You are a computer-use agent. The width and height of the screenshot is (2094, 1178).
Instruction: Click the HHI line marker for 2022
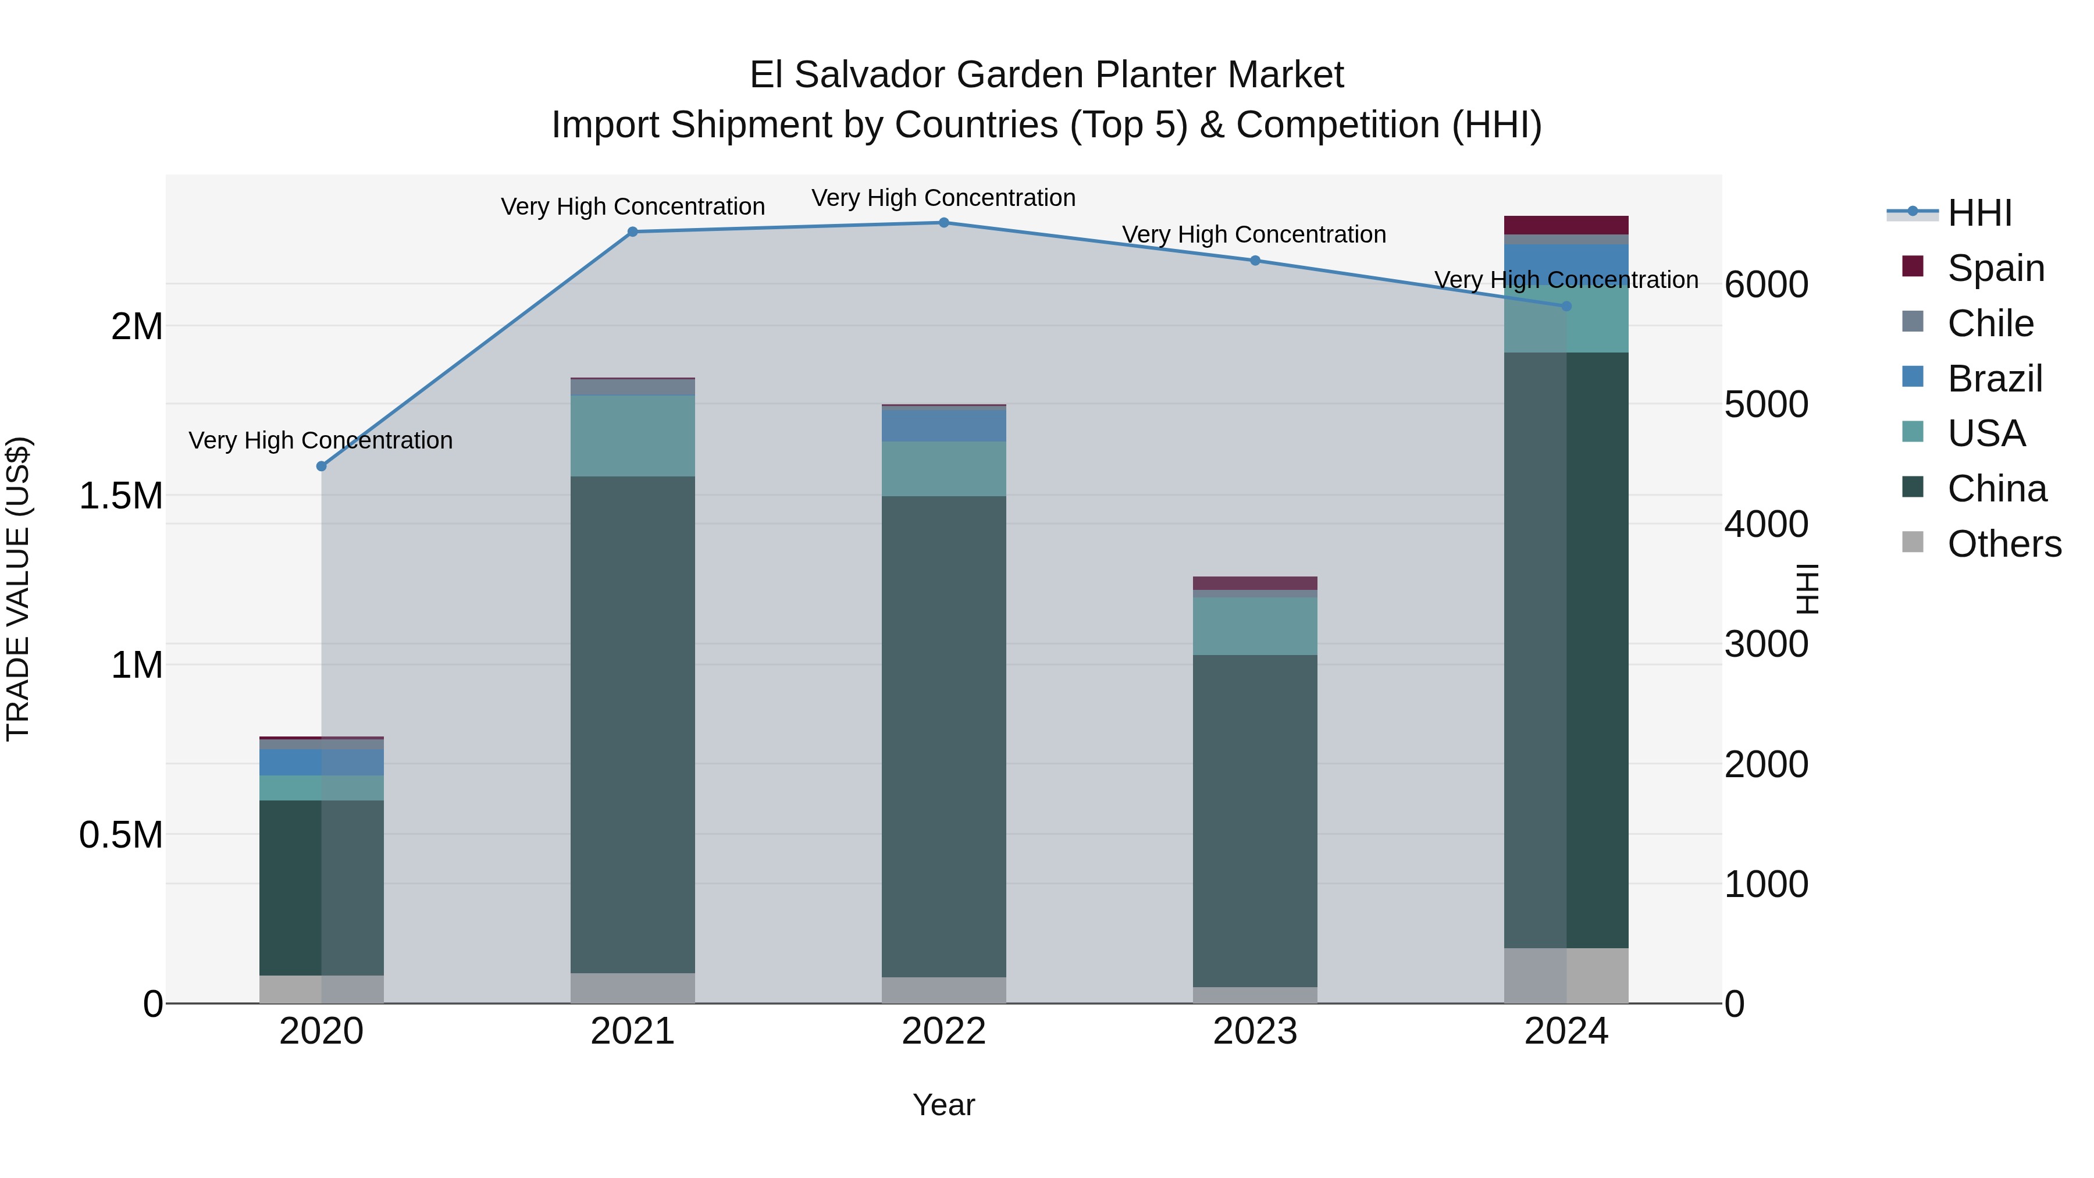(944, 222)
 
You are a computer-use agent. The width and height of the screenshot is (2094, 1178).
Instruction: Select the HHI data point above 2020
(321, 466)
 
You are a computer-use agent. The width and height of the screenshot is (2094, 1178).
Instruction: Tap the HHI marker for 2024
(1566, 305)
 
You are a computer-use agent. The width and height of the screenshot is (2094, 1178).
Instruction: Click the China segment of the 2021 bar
(632, 724)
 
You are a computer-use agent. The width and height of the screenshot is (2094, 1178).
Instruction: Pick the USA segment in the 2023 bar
(1255, 626)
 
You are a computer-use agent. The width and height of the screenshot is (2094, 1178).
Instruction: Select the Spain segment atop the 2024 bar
(1566, 225)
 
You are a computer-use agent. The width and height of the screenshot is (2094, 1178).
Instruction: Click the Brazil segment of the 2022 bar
(944, 425)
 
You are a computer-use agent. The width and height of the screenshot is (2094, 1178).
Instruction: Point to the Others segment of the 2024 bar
(1566, 975)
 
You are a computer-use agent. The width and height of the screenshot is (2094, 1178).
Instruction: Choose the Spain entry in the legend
(1996, 268)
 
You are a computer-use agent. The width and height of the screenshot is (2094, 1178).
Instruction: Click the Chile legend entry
(1990, 323)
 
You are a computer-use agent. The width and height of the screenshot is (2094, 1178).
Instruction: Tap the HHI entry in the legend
(1980, 213)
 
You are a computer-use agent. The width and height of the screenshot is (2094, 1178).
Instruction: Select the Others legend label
(2004, 543)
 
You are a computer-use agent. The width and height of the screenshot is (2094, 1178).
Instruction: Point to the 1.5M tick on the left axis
(121, 495)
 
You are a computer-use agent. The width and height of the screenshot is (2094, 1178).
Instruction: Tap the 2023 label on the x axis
(1255, 1031)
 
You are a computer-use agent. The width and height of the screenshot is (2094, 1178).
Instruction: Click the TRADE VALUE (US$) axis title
(18, 589)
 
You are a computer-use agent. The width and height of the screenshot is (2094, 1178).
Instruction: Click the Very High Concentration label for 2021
(632, 207)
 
